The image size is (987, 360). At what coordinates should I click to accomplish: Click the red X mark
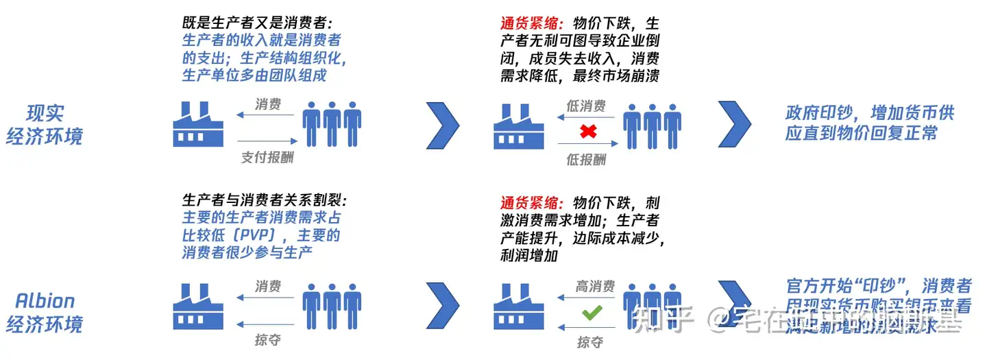pyautogui.click(x=586, y=130)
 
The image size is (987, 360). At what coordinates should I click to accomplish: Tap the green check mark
pyautogui.click(x=590, y=314)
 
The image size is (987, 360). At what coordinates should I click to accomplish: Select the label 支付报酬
pyautogui.click(x=267, y=157)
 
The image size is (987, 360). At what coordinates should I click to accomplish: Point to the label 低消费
pyautogui.click(x=586, y=106)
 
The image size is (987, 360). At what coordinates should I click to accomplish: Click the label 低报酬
pyautogui.click(x=586, y=159)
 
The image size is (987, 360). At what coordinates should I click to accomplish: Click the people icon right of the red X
pyautogui.click(x=652, y=125)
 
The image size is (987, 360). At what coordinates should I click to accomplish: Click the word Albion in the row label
pyautogui.click(x=45, y=300)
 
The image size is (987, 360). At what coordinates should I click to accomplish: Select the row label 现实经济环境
pyautogui.click(x=45, y=124)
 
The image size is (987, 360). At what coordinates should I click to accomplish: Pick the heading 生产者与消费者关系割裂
pyautogui.click(x=265, y=201)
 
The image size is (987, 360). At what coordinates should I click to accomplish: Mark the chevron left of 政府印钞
pyautogui.click(x=735, y=124)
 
